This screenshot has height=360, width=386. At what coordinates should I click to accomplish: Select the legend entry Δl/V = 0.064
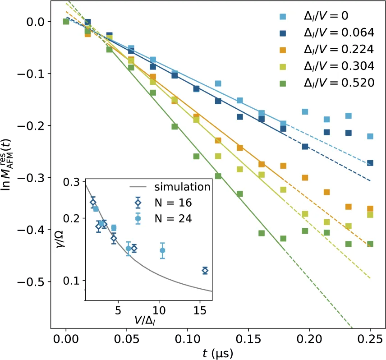click(x=339, y=32)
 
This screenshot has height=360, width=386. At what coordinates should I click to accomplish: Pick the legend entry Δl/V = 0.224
click(x=339, y=49)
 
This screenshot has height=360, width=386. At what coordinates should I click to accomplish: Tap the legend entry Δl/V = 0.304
click(x=339, y=66)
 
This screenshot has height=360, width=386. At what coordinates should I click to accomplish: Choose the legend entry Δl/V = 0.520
click(x=339, y=83)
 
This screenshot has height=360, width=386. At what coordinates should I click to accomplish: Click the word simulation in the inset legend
click(x=182, y=187)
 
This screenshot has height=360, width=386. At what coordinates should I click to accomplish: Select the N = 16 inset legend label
click(x=173, y=203)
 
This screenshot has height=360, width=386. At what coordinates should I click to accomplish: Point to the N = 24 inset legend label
click(x=173, y=219)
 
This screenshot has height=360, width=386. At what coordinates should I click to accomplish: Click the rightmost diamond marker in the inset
click(x=205, y=271)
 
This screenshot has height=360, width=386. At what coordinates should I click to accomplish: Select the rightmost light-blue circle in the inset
click(x=162, y=250)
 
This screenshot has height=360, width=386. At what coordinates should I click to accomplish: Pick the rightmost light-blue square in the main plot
click(x=370, y=136)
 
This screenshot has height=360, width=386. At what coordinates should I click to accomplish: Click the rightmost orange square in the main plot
click(x=370, y=209)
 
